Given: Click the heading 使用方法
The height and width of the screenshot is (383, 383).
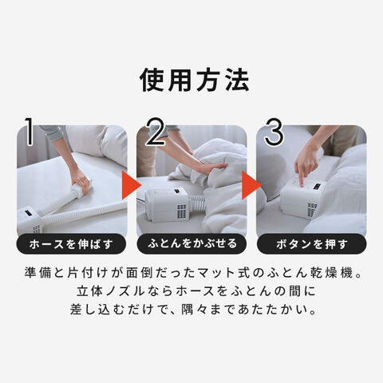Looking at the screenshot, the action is pyautogui.click(x=195, y=80).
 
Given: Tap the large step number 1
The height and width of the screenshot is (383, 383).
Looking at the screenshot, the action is pyautogui.click(x=30, y=132).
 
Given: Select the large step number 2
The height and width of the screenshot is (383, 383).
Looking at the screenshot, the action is pyautogui.click(x=156, y=132).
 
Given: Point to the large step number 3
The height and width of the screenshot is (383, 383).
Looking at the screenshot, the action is pyautogui.click(x=274, y=132).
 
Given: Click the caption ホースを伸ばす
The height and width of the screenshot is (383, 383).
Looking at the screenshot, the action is pyautogui.click(x=71, y=244).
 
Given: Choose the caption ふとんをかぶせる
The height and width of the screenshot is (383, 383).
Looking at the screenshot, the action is pyautogui.click(x=191, y=243).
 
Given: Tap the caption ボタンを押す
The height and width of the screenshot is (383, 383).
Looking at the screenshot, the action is pyautogui.click(x=312, y=244).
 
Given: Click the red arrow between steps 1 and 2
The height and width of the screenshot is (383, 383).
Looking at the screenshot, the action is pyautogui.click(x=130, y=185).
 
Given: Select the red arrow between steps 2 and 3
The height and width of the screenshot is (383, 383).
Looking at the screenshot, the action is pyautogui.click(x=250, y=185).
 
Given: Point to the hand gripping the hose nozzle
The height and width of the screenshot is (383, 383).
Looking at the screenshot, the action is pyautogui.click(x=81, y=183).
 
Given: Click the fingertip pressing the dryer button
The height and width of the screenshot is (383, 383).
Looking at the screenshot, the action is pyautogui.click(x=302, y=184).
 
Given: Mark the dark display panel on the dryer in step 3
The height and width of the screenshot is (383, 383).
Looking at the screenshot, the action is pyautogui.click(x=318, y=187).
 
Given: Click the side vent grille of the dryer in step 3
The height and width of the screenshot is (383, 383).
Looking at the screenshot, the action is pyautogui.click(x=312, y=210).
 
